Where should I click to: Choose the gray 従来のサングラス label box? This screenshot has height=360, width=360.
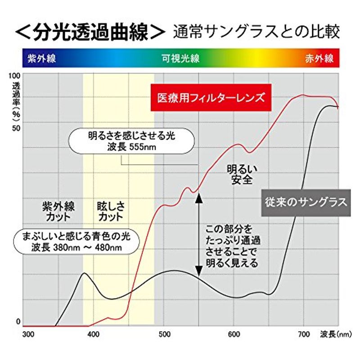tap(305, 202)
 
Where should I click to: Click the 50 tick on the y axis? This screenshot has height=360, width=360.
tap(16, 128)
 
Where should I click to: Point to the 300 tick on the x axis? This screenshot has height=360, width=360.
tap(28, 334)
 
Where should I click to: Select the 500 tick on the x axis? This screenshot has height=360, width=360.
tap(163, 334)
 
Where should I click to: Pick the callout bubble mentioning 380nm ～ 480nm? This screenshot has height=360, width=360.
tap(75, 242)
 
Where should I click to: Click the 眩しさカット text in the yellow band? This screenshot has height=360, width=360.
tap(110, 211)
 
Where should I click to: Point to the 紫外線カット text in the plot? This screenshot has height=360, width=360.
tap(58, 211)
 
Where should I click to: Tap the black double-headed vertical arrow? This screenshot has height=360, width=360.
tap(198, 234)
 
